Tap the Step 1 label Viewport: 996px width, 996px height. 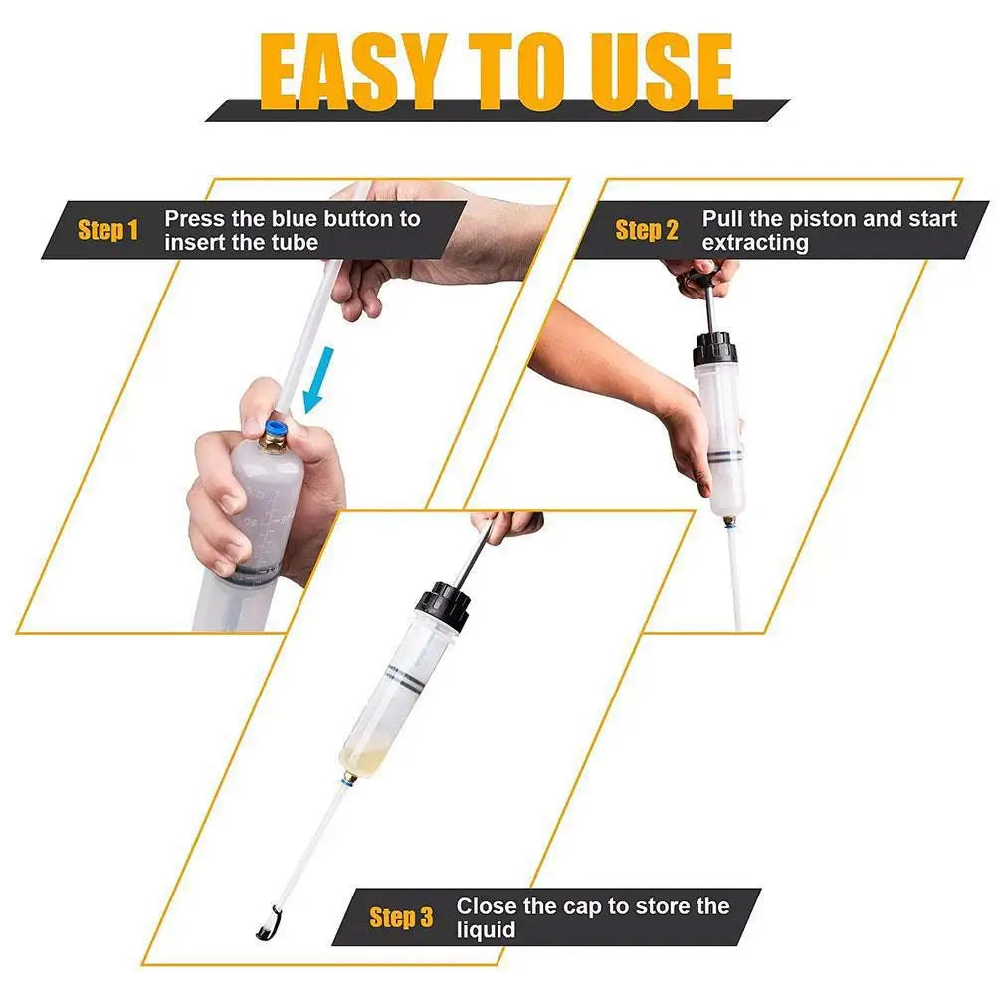coord(107,230)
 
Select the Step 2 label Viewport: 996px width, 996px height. coord(646,230)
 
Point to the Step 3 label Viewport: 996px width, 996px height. coord(401,917)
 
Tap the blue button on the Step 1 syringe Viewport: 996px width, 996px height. coord(276,430)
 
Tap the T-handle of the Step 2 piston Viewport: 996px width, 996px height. coord(702,277)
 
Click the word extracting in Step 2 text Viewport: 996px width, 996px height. coord(755,243)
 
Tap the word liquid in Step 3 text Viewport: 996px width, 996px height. coord(486,930)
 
